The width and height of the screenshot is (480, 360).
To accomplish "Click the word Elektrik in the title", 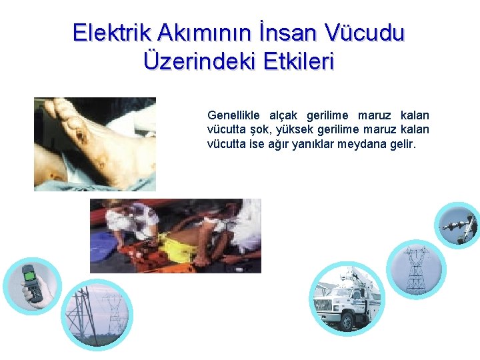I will click(113, 32).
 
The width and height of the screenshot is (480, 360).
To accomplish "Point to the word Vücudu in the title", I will click(365, 32).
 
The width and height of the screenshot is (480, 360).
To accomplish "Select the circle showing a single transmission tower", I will click(415, 269).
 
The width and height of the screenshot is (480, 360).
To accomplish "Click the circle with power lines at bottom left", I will click(97, 313).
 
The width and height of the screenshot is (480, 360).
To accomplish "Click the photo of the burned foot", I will click(95, 144).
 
